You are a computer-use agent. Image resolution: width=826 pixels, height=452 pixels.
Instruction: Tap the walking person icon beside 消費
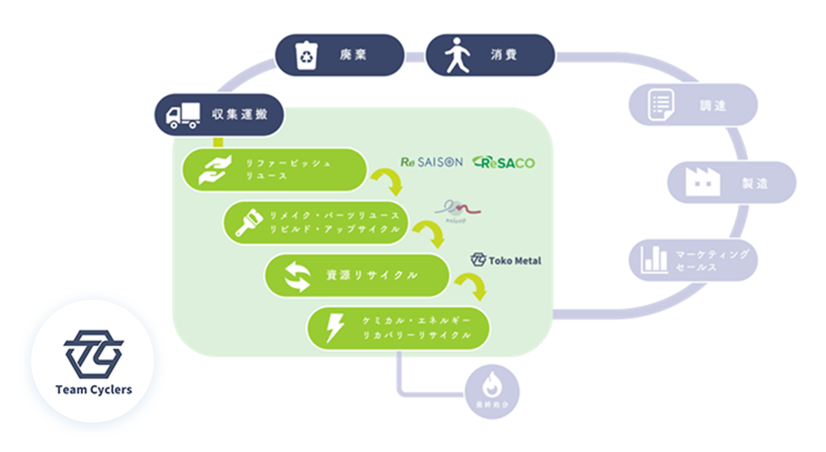tap(456, 55)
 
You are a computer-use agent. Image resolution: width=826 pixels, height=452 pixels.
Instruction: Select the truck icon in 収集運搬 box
tap(182, 115)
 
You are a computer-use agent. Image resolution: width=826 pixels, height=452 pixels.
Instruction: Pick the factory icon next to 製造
tap(702, 182)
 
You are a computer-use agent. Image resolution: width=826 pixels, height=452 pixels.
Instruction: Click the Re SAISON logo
tap(431, 162)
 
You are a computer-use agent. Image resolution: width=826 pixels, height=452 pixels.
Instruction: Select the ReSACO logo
tap(503, 163)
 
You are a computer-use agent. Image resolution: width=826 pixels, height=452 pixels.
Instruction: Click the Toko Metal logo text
tap(506, 260)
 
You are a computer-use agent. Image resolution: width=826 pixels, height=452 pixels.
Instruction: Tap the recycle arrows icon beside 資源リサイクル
tap(297, 276)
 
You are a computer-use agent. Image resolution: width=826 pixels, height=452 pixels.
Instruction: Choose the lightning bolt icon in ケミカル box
tap(335, 328)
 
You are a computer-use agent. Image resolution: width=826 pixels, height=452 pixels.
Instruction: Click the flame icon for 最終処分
tap(492, 387)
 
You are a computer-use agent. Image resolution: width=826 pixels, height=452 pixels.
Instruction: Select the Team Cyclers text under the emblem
tap(93, 390)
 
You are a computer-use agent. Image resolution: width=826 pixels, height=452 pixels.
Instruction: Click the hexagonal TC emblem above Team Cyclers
tap(93, 353)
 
